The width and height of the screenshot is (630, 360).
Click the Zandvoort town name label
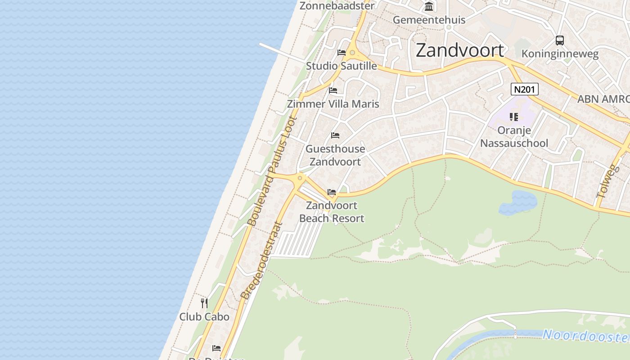point(459,50)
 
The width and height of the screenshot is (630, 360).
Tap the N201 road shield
point(525,89)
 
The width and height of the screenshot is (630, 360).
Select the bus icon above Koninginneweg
point(559,40)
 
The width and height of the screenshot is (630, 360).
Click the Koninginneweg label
point(560,54)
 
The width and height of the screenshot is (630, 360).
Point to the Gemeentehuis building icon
point(429,7)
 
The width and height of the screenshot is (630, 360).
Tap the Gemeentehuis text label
point(429,20)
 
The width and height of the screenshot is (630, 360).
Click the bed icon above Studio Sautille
point(342,53)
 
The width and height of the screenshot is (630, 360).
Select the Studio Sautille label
point(342,66)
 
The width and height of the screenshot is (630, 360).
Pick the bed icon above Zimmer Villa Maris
point(333,90)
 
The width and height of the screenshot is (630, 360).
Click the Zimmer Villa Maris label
point(333,104)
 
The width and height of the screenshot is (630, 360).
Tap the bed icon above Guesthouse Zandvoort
point(335,135)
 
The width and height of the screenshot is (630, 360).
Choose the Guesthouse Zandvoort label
point(335,155)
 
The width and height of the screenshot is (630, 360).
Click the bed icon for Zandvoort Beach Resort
point(332,192)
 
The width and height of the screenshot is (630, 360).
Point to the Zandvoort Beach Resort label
point(332,212)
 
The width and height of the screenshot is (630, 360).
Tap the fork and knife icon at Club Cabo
point(204,303)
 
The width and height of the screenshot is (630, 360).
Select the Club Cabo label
point(204,317)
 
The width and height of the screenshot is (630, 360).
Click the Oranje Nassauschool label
point(514,137)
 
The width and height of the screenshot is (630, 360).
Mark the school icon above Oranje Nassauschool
point(514,117)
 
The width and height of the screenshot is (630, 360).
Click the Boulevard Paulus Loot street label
point(272,171)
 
